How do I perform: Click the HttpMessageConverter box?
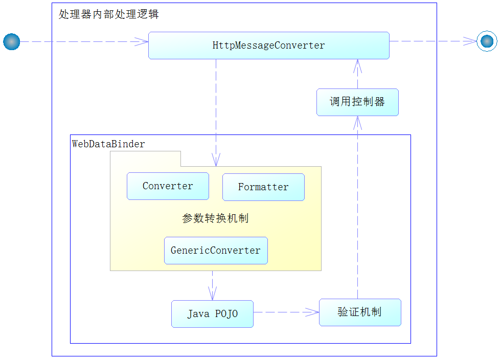269,46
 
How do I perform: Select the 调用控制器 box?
357,102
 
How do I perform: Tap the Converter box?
168,186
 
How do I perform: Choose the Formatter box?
264,187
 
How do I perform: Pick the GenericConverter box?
216,251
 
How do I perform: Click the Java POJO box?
213,313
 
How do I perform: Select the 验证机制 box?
360,312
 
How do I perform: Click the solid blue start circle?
11,41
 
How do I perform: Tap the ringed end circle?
487,41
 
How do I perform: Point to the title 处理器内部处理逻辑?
108,14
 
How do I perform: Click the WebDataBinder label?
108,144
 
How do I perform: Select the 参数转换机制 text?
215,218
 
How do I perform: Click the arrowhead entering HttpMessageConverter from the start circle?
142,41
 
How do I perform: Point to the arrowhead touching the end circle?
470,41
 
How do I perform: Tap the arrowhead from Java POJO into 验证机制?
312,312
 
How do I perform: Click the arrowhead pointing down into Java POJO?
213,294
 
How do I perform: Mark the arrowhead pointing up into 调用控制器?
357,123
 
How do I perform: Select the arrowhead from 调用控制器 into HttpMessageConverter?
357,66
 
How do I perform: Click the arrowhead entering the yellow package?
216,160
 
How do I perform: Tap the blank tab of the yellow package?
145,159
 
